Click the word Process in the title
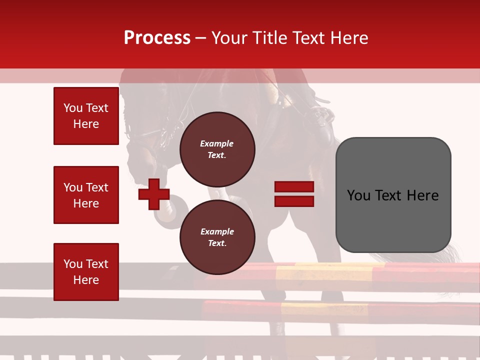(x=157, y=38)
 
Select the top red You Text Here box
(x=86, y=116)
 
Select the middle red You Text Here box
(x=86, y=195)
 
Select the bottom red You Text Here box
(x=86, y=272)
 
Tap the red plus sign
(x=154, y=194)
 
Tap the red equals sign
(x=294, y=194)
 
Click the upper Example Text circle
(x=217, y=149)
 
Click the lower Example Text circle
(x=217, y=237)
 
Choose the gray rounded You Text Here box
(x=393, y=195)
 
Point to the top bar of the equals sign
(x=294, y=187)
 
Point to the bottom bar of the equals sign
(x=294, y=201)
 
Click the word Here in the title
(x=347, y=38)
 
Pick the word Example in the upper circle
(x=217, y=144)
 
